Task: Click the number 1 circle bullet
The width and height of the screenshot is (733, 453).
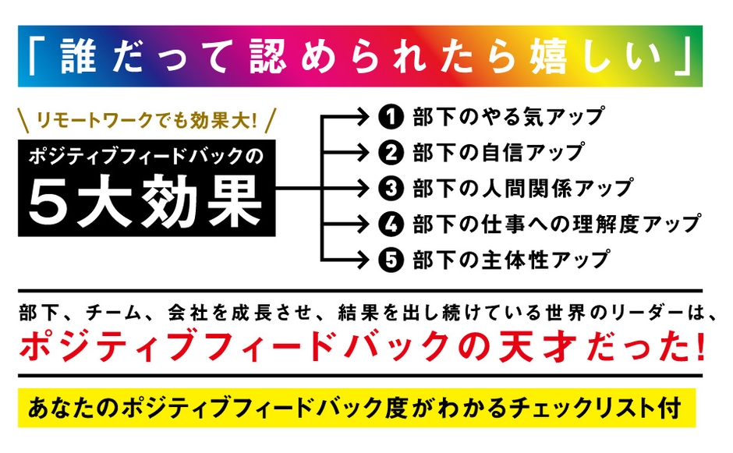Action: point(391,117)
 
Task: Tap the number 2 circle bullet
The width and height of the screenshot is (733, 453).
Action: point(391,152)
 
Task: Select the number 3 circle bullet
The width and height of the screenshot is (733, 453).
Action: point(391,189)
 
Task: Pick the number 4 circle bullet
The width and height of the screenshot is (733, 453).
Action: point(391,225)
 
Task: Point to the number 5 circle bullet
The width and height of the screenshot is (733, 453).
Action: point(391,260)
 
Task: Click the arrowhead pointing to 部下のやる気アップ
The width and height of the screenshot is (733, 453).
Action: point(363,117)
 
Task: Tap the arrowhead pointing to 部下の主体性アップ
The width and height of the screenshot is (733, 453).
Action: point(363,260)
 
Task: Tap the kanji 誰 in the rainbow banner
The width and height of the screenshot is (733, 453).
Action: point(79,55)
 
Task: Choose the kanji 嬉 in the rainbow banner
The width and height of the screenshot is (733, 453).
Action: point(548,56)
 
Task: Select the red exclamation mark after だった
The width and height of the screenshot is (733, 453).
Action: point(699,346)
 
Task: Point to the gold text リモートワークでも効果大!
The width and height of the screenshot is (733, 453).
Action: point(147,121)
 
